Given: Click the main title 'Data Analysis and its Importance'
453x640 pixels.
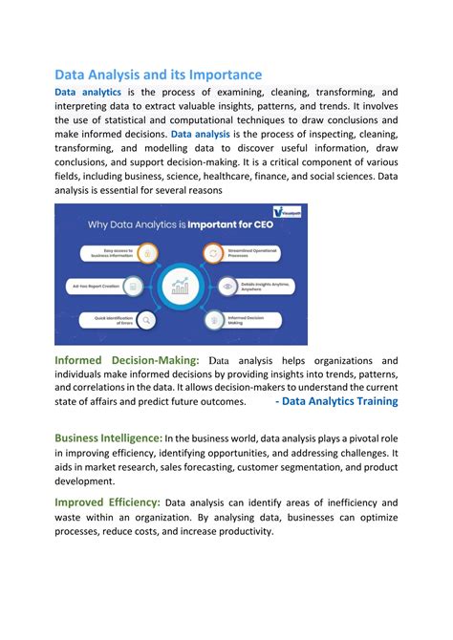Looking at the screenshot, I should pos(158,75).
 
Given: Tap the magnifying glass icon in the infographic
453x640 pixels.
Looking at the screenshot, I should pos(146,322).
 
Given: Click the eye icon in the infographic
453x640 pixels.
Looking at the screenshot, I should pos(226,285).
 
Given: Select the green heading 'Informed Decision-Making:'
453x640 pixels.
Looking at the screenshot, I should pos(126,360).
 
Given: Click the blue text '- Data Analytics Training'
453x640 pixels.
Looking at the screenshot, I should pos(336,402).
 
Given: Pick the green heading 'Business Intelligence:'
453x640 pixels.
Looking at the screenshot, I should pos(108,437).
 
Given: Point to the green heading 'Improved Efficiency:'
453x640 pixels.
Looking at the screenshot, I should pos(107,501).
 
